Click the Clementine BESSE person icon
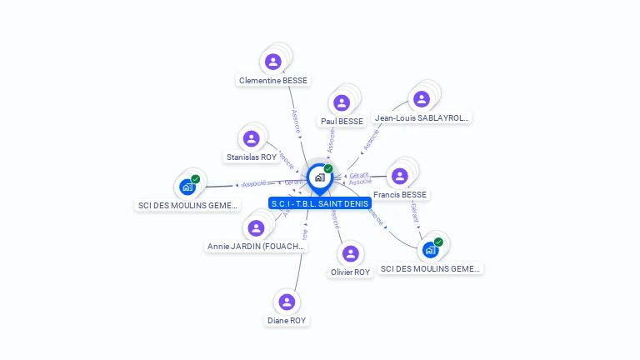[x=273, y=62]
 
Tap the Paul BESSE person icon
[x=342, y=102]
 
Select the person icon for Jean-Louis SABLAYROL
[x=422, y=99]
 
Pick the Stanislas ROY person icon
[x=252, y=138]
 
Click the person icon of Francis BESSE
[x=400, y=176]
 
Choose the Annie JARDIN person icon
[x=256, y=228]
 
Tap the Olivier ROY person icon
[x=351, y=253]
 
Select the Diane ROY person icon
[x=287, y=302]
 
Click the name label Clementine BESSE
[x=273, y=81]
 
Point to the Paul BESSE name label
[x=342, y=121]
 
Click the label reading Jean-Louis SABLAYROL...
[x=422, y=118]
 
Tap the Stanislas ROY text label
[x=252, y=157]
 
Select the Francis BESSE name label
[x=400, y=195]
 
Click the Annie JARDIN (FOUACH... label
[x=257, y=247]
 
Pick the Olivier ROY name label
[x=351, y=272]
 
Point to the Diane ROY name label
[x=287, y=320]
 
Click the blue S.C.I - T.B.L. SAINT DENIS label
[x=320, y=203]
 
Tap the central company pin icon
[x=319, y=177]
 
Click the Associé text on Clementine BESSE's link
[x=295, y=122]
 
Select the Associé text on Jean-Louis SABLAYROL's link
[x=371, y=139]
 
